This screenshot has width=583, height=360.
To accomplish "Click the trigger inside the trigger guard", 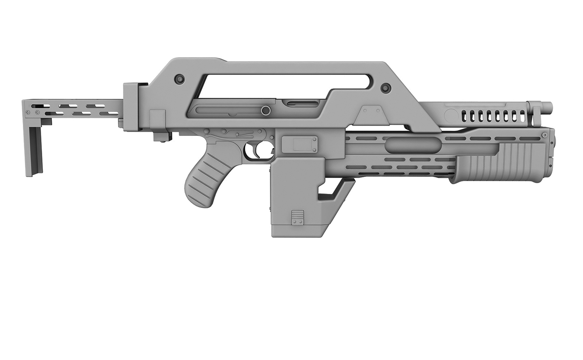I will tap(256, 150).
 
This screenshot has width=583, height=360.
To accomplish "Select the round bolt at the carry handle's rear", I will tap(179, 79).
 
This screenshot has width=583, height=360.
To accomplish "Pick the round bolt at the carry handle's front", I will tap(385, 87).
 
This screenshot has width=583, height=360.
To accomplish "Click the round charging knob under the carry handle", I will tap(266, 110).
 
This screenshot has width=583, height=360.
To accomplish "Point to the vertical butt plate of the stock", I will tap(35, 151).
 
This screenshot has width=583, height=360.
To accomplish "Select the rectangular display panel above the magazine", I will tap(300, 144).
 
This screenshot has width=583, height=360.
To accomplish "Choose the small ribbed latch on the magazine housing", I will tap(297, 218).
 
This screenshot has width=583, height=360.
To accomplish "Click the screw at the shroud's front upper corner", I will tap(545, 135).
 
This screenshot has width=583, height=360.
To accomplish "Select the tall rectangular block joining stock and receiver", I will tap(130, 107).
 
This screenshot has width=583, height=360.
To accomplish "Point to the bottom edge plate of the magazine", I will tap(297, 233).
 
